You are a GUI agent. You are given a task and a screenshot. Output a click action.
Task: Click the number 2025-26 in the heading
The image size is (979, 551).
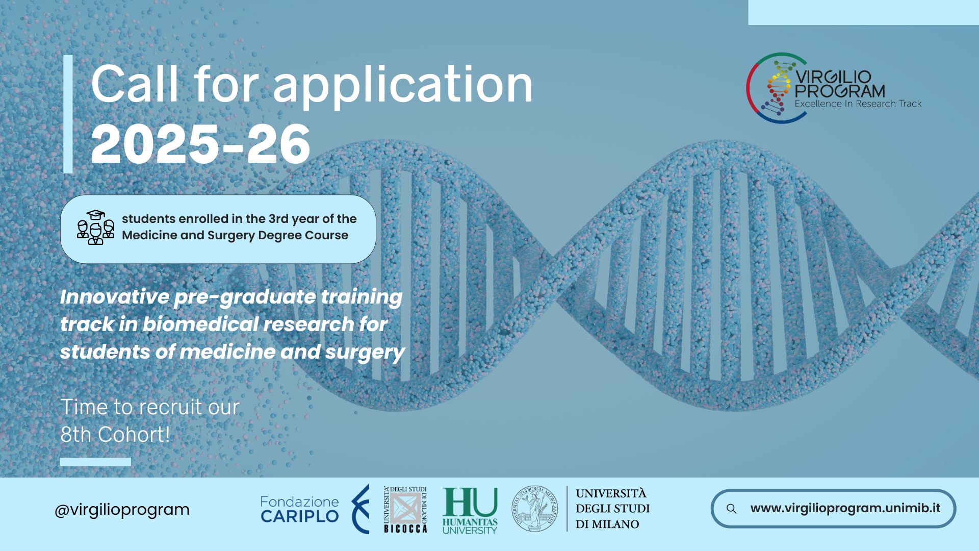[200, 144]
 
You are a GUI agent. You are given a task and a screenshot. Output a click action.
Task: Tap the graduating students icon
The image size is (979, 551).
[95, 228]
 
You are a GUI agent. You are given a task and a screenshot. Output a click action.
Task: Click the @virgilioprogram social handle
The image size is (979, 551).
[122, 509]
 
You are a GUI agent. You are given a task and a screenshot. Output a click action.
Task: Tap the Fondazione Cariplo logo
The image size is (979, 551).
[314, 509]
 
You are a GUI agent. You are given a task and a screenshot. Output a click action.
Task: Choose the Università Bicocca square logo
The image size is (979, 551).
[405, 509]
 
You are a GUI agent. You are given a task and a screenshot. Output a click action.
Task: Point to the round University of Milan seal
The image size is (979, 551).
[535, 509]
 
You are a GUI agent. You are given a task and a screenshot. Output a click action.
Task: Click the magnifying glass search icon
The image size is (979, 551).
[731, 509]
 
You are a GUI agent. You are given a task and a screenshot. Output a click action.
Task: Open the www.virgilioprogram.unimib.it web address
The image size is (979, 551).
[845, 508]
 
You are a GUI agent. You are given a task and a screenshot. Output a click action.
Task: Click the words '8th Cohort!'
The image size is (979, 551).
[115, 435]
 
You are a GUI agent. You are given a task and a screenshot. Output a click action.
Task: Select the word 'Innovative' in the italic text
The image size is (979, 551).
[114, 297]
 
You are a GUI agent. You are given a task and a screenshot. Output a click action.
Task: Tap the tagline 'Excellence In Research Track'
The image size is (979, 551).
[858, 104]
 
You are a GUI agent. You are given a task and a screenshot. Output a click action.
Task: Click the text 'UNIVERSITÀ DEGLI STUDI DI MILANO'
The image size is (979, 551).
[612, 509]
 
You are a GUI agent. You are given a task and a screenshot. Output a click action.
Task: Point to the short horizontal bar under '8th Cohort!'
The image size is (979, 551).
[95, 462]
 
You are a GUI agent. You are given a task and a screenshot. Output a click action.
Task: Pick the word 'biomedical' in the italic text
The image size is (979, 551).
[199, 324]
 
